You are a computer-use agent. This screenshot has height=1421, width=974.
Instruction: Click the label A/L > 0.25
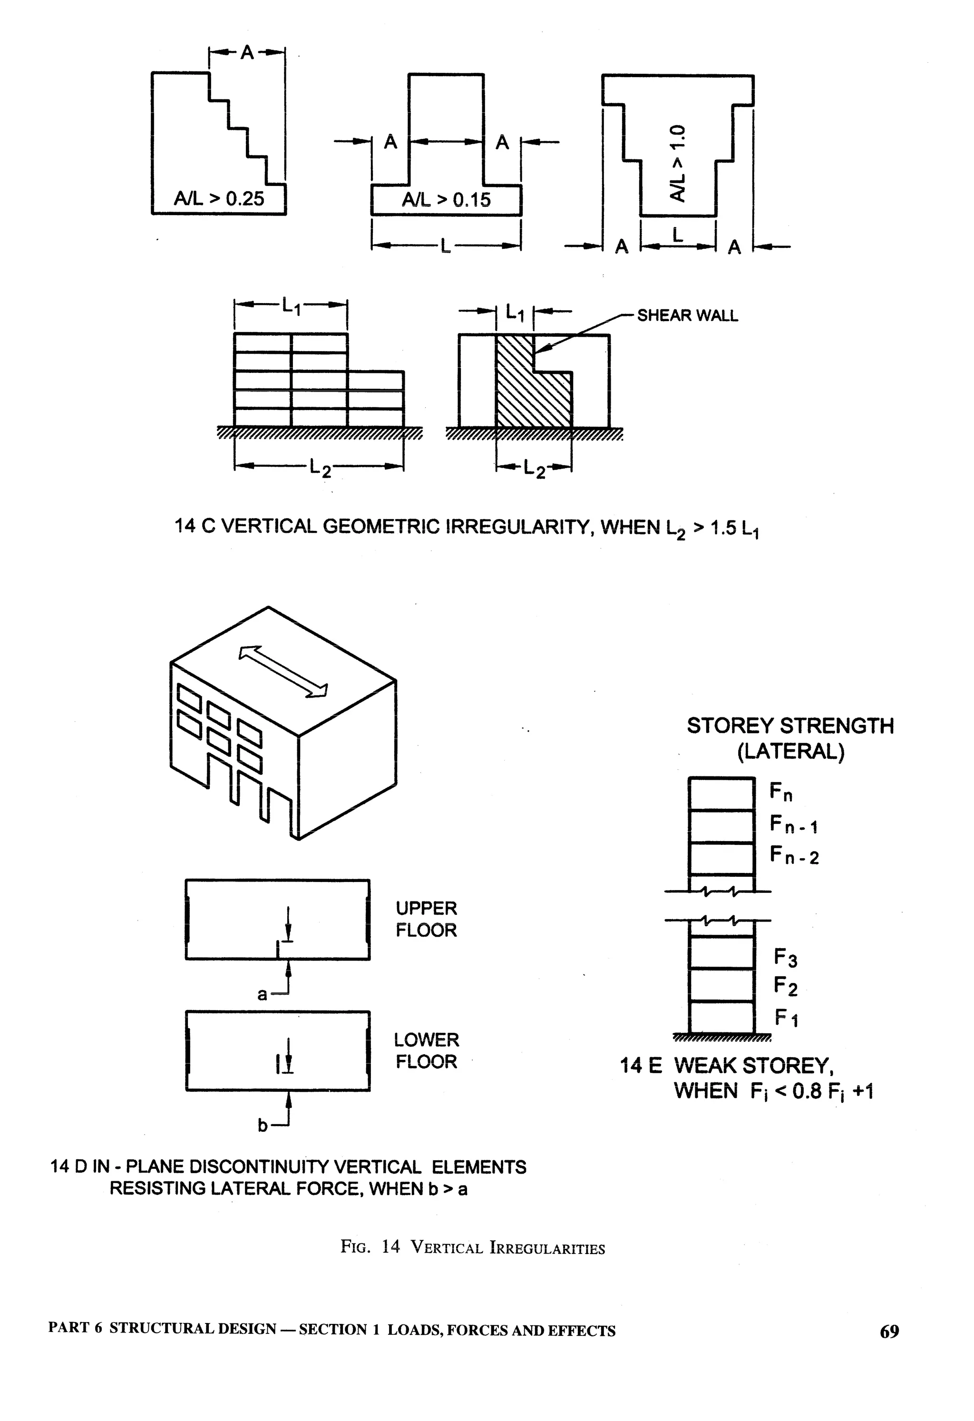pyautogui.click(x=219, y=199)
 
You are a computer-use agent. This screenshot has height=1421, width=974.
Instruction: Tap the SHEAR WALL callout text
pyautogui.click(x=687, y=315)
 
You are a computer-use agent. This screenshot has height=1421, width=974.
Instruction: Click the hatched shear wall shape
pyautogui.click(x=526, y=392)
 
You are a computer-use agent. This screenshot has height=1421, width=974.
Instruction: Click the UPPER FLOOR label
pyautogui.click(x=426, y=919)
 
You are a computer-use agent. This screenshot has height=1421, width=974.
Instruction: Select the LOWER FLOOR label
pyautogui.click(x=426, y=1050)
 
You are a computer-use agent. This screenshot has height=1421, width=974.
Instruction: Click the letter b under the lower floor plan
pyautogui.click(x=263, y=1126)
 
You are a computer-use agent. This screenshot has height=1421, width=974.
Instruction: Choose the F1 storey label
pyautogui.click(x=786, y=1018)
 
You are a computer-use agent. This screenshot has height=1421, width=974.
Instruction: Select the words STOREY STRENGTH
pyautogui.click(x=790, y=726)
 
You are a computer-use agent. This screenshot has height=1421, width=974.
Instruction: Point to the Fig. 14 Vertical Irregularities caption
pyautogui.click(x=473, y=1247)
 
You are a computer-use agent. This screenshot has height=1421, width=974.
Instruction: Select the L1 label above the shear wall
pyautogui.click(x=515, y=313)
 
